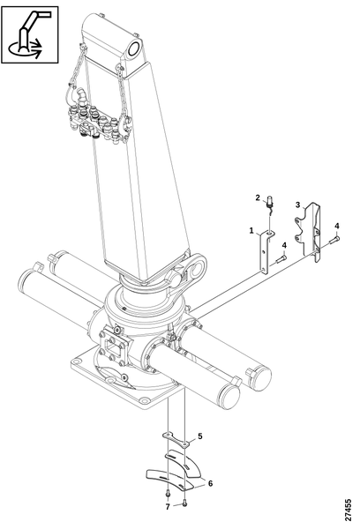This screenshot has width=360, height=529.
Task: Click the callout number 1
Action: (251, 231)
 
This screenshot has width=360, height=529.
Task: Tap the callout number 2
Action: (258, 197)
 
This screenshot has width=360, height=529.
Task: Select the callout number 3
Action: (297, 205)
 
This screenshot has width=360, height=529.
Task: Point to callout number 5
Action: (200, 436)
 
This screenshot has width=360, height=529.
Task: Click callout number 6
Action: (210, 484)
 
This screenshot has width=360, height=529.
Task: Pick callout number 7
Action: (168, 507)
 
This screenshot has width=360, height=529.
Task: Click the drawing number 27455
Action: (349, 510)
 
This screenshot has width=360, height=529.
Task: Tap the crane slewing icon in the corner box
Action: (30, 34)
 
